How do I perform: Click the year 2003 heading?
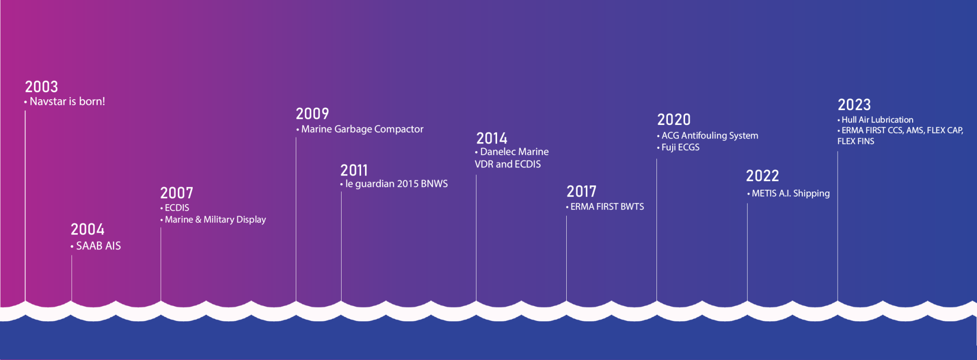(42, 87)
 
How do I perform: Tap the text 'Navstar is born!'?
(67, 102)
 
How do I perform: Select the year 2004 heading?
(88, 229)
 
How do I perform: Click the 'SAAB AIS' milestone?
(98, 246)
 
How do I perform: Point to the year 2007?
(177, 193)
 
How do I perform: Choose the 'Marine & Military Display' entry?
(215, 220)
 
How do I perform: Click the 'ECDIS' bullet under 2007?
(177, 208)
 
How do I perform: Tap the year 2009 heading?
(312, 114)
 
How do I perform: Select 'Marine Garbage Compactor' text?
(362, 129)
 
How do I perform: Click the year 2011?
(354, 170)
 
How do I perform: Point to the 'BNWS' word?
(435, 184)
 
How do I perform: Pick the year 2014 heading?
(492, 138)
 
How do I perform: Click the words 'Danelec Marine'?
(514, 152)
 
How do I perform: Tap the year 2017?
(582, 192)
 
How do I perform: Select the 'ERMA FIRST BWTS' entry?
(607, 207)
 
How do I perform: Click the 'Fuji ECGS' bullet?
(680, 147)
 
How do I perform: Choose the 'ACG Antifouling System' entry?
(710, 136)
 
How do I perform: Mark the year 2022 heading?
(762, 176)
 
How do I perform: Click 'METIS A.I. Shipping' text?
(791, 194)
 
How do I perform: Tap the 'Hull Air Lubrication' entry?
(877, 120)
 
